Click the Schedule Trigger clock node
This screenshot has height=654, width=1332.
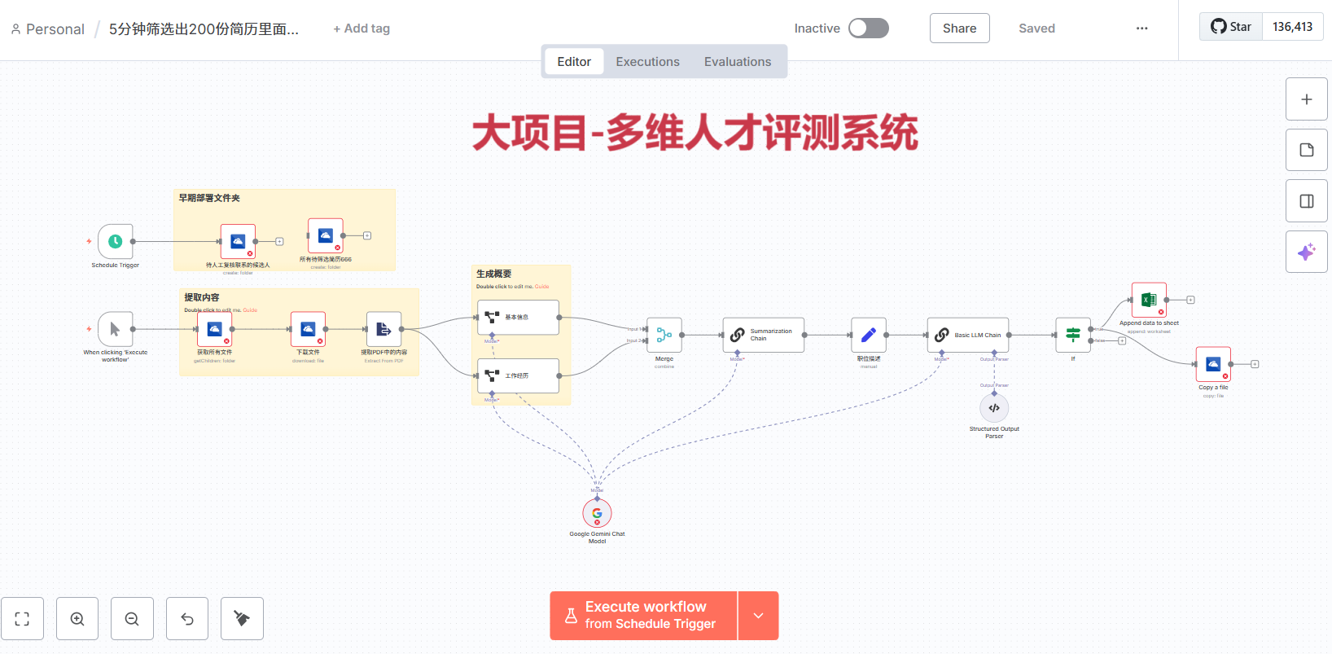116,241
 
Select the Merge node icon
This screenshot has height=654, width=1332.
664,335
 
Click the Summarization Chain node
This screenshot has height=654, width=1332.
763,335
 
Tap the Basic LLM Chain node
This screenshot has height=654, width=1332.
967,335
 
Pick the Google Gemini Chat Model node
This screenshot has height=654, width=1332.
597,513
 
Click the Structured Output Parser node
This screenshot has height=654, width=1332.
994,408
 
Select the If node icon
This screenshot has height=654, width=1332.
1073,335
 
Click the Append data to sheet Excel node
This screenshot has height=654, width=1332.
1149,300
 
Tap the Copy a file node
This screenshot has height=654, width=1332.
1213,364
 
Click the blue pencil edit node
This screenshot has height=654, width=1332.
869,335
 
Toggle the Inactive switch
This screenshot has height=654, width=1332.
868,29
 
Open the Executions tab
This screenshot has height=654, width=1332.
647,62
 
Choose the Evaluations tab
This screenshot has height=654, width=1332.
737,62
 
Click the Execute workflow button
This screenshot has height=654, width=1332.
644,616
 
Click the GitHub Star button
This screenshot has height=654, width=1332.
1231,27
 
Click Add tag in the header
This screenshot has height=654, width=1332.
361,29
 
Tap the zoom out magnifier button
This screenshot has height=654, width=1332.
132,619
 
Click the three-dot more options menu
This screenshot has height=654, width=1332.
1141,29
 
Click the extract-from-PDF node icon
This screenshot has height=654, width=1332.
383,329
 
